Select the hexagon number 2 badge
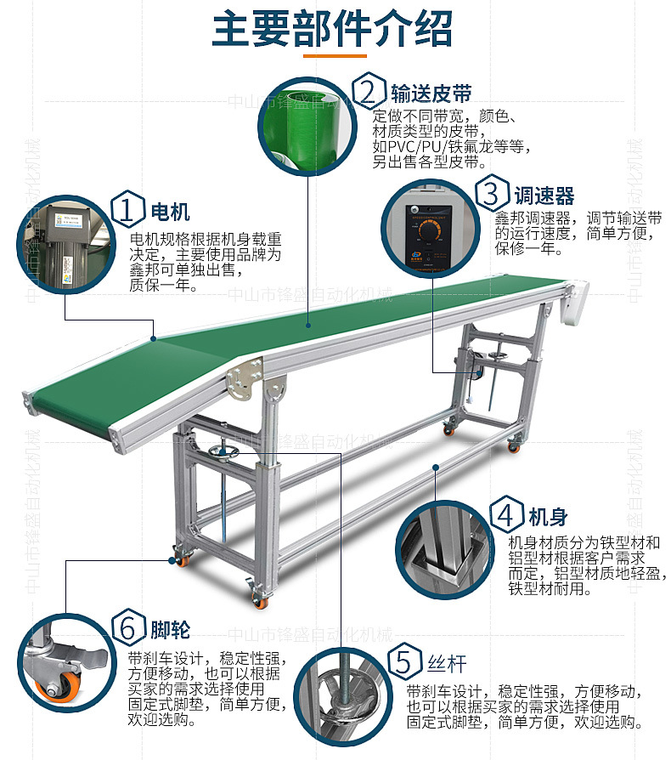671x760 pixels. coord(369,92)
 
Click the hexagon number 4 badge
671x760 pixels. coord(505,516)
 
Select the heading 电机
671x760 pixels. coord(170,211)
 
